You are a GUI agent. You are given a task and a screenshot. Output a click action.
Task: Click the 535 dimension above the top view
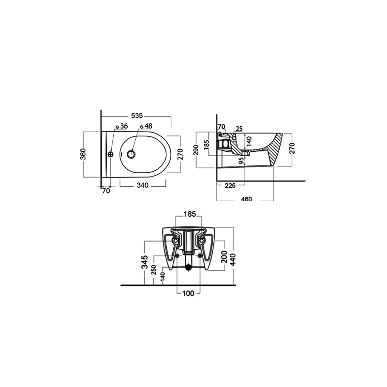[x=137, y=116]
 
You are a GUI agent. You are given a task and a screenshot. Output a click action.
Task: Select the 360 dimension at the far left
[x=83, y=154]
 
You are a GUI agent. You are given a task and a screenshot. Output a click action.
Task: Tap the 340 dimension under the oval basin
[x=143, y=185]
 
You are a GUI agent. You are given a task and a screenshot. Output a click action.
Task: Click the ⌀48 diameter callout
[x=146, y=126]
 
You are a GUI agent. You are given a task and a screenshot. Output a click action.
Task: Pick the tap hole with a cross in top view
[x=111, y=154]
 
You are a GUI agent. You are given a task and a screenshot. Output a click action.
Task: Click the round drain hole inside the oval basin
[x=131, y=154]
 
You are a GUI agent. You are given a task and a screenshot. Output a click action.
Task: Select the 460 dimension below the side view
[x=246, y=199]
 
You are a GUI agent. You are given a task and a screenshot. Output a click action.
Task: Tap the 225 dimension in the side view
[x=230, y=185]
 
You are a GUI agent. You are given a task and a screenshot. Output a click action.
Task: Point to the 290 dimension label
[x=196, y=150]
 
